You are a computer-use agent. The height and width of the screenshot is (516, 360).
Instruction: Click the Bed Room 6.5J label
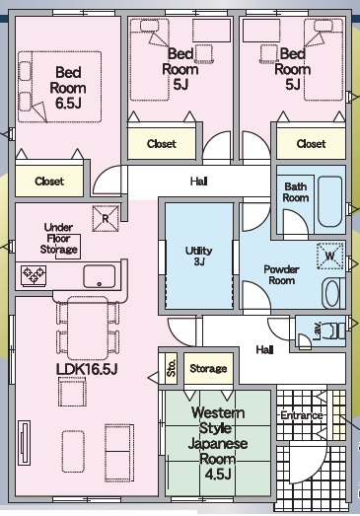click(68, 88)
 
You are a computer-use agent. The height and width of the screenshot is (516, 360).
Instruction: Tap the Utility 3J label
click(198, 256)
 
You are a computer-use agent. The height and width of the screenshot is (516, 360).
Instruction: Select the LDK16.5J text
click(87, 369)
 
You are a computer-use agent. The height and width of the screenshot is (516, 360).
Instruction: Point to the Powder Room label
click(281, 275)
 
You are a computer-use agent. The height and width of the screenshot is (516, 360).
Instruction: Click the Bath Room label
click(296, 192)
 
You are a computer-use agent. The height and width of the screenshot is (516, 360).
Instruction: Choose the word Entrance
click(302, 415)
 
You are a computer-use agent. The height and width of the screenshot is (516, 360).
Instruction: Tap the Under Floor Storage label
click(58, 238)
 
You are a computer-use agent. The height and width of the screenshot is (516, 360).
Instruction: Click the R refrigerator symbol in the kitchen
click(106, 218)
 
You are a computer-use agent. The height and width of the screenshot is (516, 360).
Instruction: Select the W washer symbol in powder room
click(329, 256)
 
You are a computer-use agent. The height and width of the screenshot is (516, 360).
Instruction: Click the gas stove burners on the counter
click(34, 275)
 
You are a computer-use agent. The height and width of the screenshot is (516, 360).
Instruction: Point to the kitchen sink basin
click(100, 276)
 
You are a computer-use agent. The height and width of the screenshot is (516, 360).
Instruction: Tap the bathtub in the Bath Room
click(330, 201)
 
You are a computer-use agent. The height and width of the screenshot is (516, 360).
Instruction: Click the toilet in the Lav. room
click(334, 331)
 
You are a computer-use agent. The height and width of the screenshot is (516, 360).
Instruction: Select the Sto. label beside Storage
click(171, 368)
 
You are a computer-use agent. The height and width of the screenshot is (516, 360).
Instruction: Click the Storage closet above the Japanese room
click(208, 368)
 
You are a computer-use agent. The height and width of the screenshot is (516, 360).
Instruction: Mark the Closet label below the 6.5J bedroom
click(49, 181)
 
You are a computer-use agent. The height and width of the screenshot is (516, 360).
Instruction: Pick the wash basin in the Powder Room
click(332, 293)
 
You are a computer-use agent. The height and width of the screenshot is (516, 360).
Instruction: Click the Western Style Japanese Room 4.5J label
click(218, 443)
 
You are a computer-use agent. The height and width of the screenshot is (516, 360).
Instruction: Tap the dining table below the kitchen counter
click(88, 328)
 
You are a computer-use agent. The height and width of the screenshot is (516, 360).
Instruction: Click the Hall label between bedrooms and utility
click(199, 181)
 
